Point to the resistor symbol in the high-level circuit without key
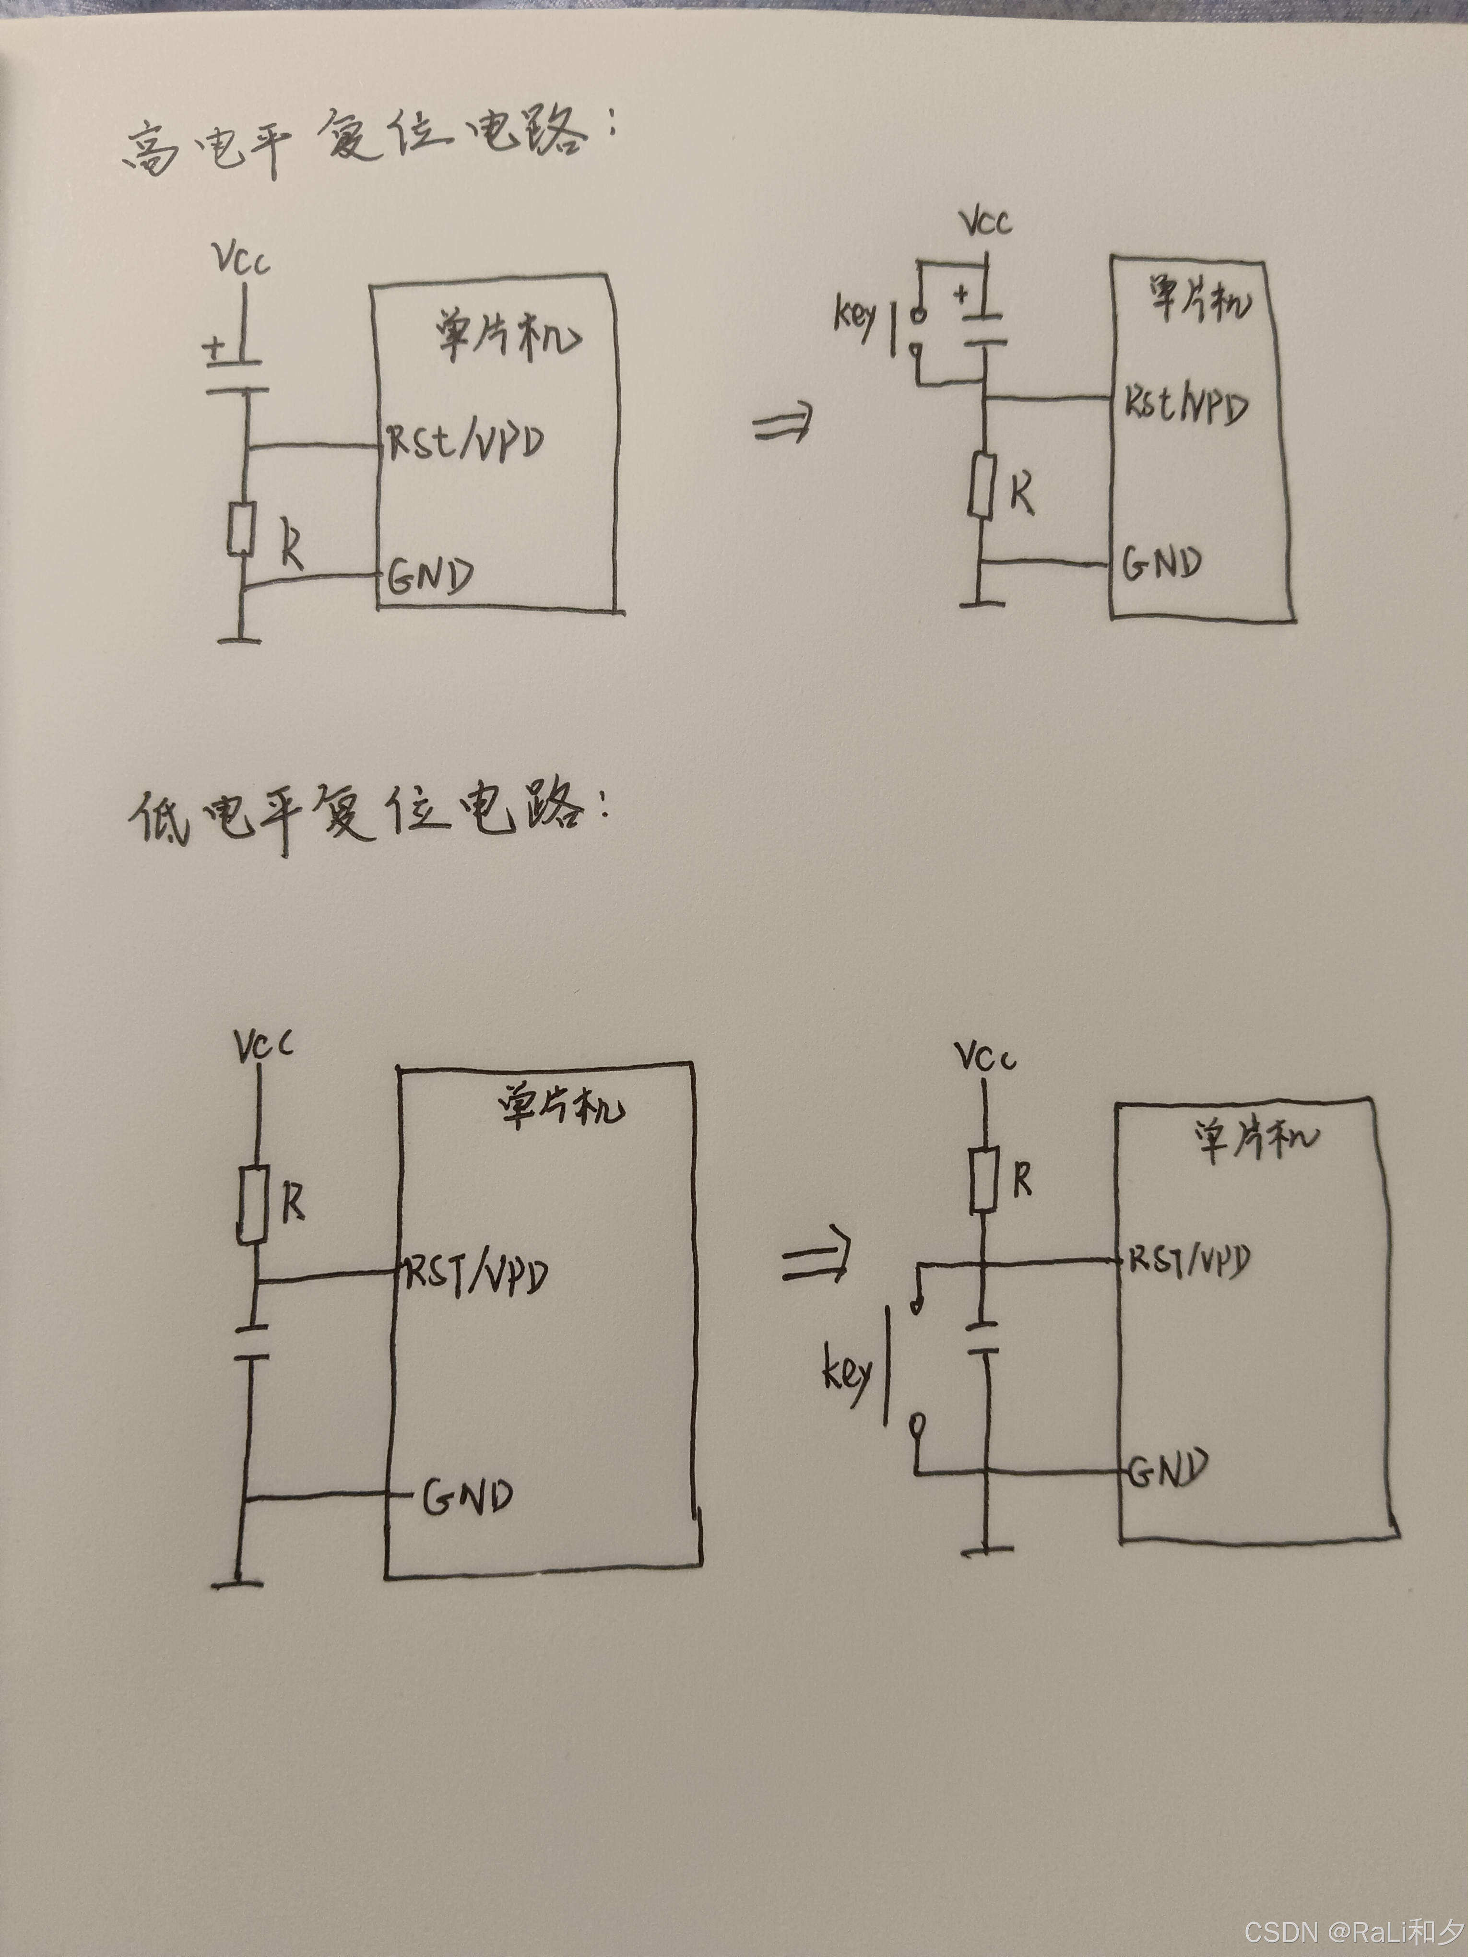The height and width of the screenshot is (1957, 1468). (240, 529)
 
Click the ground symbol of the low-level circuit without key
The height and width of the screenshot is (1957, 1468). (237, 1584)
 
